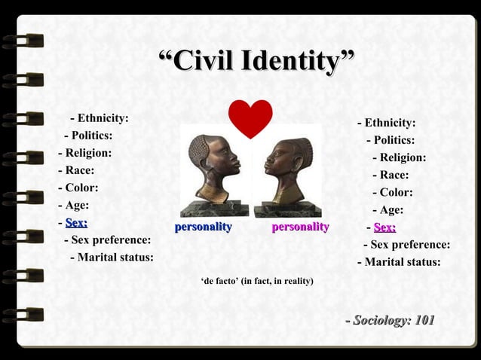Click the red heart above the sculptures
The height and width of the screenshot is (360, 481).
click(250, 117)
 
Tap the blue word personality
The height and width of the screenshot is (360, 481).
click(204, 227)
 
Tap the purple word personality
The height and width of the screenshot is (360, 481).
click(300, 227)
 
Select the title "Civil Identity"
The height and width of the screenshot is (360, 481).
click(256, 61)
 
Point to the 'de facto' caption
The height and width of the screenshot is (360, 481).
click(257, 281)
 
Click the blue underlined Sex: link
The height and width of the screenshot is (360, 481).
click(76, 222)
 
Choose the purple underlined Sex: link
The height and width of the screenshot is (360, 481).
click(384, 227)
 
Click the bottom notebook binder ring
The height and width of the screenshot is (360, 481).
click(23, 314)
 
